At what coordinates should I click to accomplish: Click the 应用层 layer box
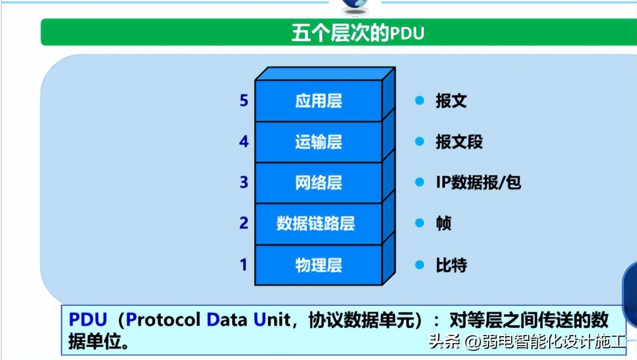pos(318,101)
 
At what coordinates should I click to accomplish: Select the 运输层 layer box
pos(318,142)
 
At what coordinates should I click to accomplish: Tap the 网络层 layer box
pos(318,183)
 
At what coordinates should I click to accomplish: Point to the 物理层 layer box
pos(318,265)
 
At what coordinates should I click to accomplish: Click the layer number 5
pos(244,101)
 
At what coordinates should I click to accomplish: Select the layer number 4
pos(244,142)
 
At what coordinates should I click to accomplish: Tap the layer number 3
pos(244,183)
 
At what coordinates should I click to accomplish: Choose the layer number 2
pos(244,223)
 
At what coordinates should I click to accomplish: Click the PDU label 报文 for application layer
pos(451,101)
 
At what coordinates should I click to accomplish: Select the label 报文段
pos(459,142)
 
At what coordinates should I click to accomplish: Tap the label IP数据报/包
pos(478,183)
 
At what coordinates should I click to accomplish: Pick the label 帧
pos(444,223)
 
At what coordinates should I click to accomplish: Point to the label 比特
pos(451,265)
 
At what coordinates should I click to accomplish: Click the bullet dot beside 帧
pos(420,223)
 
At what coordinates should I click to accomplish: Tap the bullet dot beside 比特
pos(420,265)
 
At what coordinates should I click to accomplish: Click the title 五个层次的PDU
pos(358,34)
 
